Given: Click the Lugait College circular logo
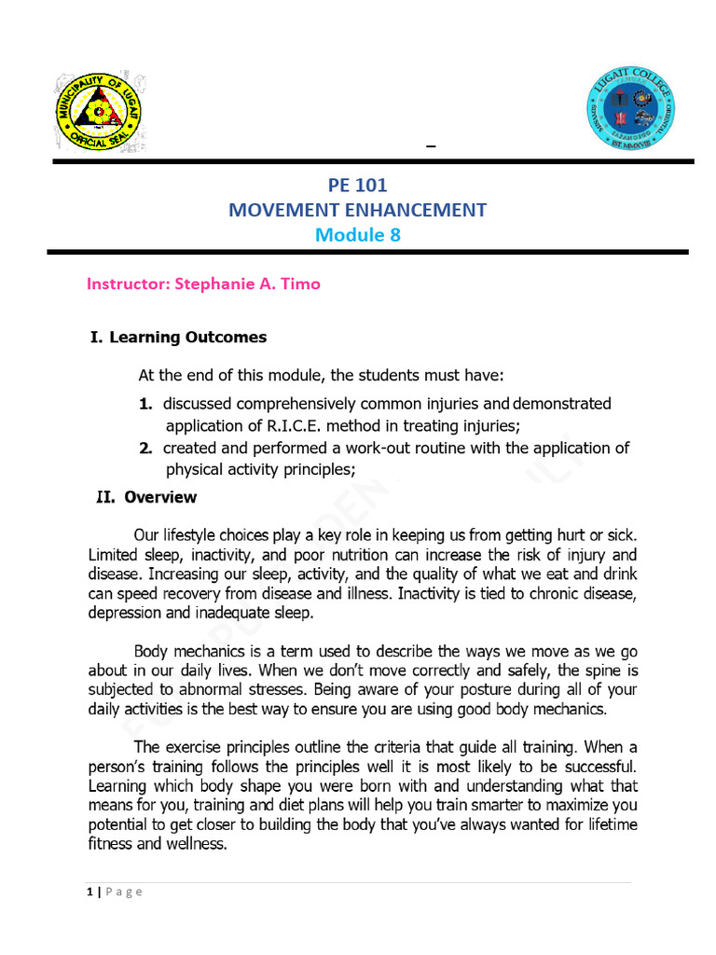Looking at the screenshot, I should click(x=630, y=110).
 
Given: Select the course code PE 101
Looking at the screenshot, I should click(x=357, y=186).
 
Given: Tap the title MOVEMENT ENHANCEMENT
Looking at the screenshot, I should click(x=357, y=210).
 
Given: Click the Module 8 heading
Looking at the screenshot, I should click(x=357, y=235).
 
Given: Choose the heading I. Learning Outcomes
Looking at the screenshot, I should click(x=177, y=338).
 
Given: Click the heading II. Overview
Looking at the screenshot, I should click(x=146, y=497).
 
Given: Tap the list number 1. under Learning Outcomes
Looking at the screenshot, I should click(x=145, y=404).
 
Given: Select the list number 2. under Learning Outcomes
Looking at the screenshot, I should click(x=145, y=448).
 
